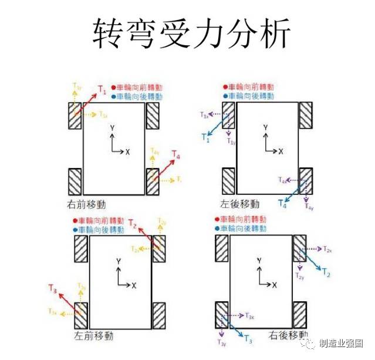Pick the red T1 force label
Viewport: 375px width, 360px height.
pyautogui.click(x=102, y=91)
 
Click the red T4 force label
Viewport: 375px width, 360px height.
pyautogui.click(x=176, y=155)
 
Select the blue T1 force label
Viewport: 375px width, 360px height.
pyautogui.click(x=205, y=137)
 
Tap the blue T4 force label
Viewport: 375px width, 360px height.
pyautogui.click(x=282, y=204)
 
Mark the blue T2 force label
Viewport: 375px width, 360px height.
pyautogui.click(x=327, y=274)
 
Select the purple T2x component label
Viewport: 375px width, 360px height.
pyautogui.click(x=327, y=248)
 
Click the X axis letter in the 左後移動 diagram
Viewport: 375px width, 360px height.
pyautogui.click(x=281, y=151)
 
